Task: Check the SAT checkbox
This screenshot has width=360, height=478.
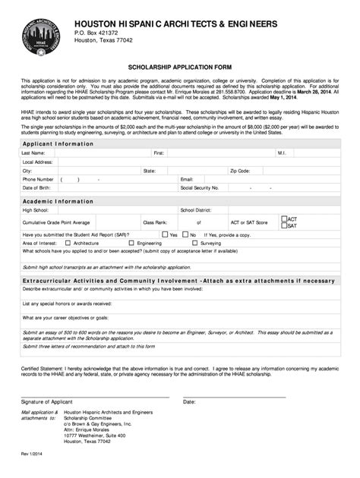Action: click(x=284, y=225)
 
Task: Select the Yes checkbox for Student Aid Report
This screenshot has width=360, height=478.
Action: click(x=165, y=234)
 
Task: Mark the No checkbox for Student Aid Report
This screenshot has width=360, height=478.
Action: click(x=185, y=234)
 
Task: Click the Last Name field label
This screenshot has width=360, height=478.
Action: click(x=34, y=153)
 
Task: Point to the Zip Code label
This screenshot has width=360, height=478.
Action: click(x=240, y=171)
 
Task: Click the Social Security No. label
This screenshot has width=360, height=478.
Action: click(x=199, y=187)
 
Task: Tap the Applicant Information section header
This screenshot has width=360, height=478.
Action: click(x=58, y=143)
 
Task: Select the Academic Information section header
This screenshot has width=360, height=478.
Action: click(x=58, y=201)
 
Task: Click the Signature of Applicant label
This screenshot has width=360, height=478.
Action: click(x=46, y=401)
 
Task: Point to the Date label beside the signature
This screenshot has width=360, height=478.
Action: click(x=189, y=401)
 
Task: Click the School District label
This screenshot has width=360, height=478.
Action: click(x=196, y=209)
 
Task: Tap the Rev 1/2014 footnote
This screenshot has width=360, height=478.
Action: click(x=30, y=454)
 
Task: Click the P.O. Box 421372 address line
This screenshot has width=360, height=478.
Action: click(x=96, y=33)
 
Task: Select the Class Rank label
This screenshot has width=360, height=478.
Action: click(x=155, y=222)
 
